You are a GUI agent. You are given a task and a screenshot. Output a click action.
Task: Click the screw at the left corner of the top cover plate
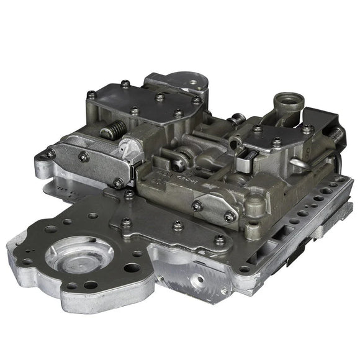click(x=92, y=94)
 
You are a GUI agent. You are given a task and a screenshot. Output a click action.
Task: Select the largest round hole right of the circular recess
click(x=132, y=268)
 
